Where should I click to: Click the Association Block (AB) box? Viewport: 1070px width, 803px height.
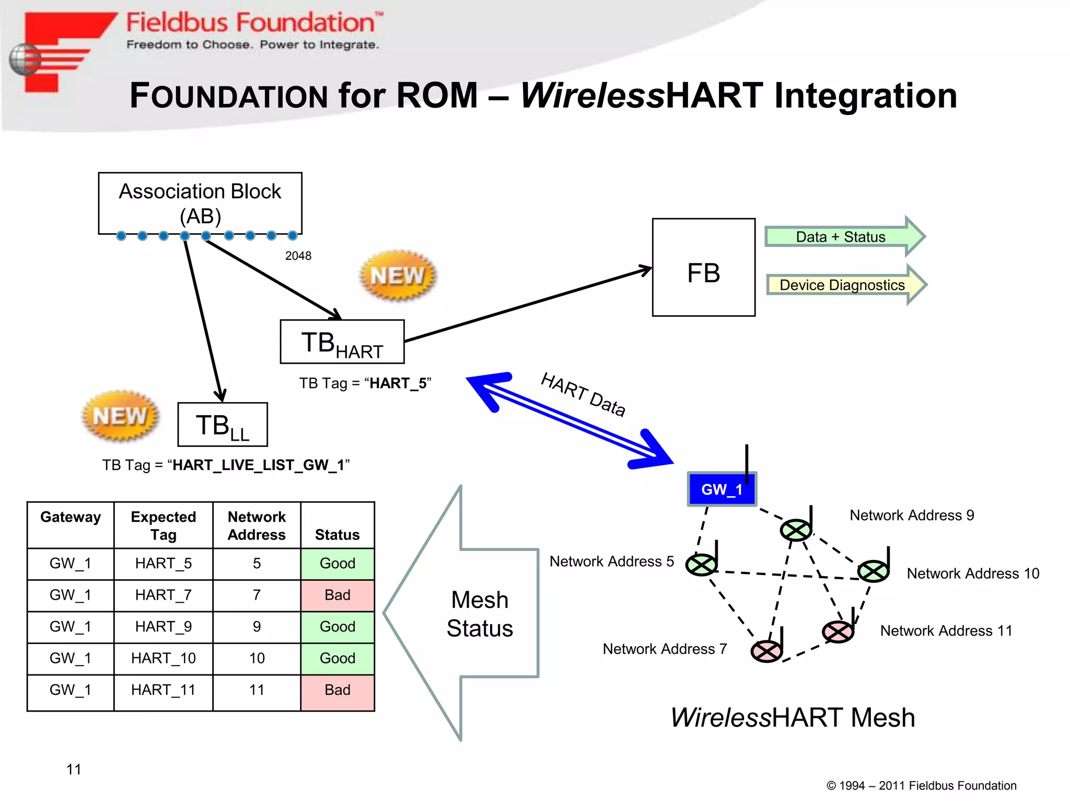click(200, 203)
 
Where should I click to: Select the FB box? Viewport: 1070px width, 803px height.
click(703, 268)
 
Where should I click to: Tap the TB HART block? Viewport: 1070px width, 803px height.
click(342, 342)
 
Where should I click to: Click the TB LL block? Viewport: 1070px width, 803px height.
click(223, 425)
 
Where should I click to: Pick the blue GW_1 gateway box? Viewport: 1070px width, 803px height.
click(721, 489)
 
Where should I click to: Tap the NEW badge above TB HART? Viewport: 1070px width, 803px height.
click(398, 276)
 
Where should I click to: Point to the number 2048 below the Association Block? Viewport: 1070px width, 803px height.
click(298, 256)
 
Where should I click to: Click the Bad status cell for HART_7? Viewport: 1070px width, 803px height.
click(338, 595)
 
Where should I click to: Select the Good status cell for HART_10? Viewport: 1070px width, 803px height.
click(338, 659)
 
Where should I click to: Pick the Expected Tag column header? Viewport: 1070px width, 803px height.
click(163, 525)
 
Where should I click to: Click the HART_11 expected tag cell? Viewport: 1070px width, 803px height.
click(163, 690)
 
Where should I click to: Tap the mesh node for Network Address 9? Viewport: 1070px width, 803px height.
click(795, 530)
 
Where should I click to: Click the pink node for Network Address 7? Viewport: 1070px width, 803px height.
click(766, 651)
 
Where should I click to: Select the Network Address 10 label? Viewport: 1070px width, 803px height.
click(973, 573)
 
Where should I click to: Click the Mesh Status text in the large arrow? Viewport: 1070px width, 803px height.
click(480, 614)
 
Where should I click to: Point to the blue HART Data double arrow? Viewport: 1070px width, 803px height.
click(569, 421)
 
